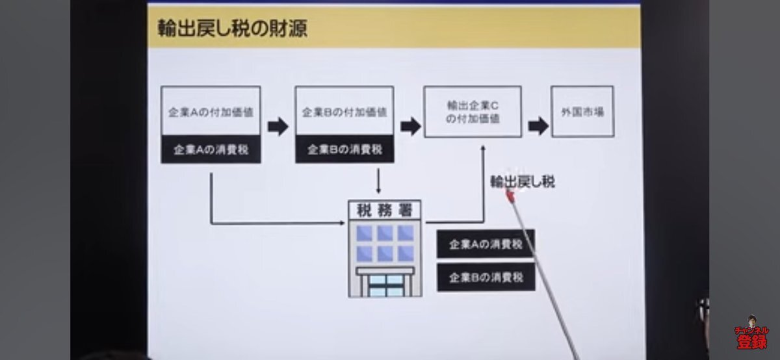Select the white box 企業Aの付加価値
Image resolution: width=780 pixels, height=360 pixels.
211,111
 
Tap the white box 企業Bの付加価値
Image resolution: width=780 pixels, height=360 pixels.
344,111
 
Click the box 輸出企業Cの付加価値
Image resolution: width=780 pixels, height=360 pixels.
473,112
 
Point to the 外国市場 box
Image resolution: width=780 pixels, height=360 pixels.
582,111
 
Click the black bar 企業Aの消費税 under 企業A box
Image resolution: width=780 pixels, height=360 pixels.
211,149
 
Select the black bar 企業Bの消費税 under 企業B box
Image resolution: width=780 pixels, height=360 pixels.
344,149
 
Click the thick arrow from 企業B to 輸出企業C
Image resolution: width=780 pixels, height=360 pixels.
410,126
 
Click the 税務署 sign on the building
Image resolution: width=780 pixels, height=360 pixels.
385,210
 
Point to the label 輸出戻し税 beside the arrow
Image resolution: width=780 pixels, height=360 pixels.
523,182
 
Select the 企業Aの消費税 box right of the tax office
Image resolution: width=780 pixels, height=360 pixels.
486,244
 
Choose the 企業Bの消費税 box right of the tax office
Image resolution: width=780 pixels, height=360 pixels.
486,277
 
